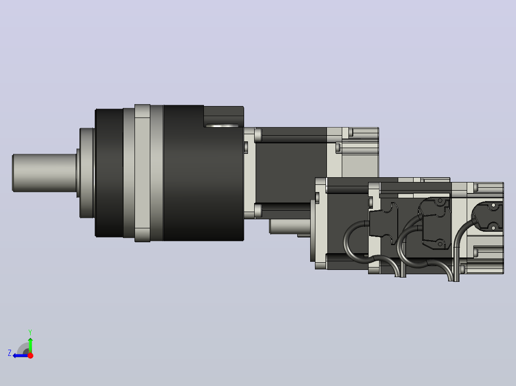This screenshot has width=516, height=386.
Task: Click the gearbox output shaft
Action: pos(45,173)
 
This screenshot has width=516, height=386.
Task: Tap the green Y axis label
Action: pos(30,332)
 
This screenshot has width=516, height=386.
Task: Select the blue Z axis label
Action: pos(10,353)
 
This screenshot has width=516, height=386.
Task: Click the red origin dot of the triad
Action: pos(30,355)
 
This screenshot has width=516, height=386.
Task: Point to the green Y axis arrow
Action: pos(30,345)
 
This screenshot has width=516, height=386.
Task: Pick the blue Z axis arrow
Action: pos(21,355)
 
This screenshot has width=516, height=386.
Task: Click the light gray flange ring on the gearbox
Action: pos(142,173)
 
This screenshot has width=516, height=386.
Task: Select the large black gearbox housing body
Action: pos(203,173)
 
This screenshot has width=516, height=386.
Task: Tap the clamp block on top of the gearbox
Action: pos(224,116)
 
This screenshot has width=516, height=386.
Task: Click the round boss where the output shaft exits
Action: pos(86,173)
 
